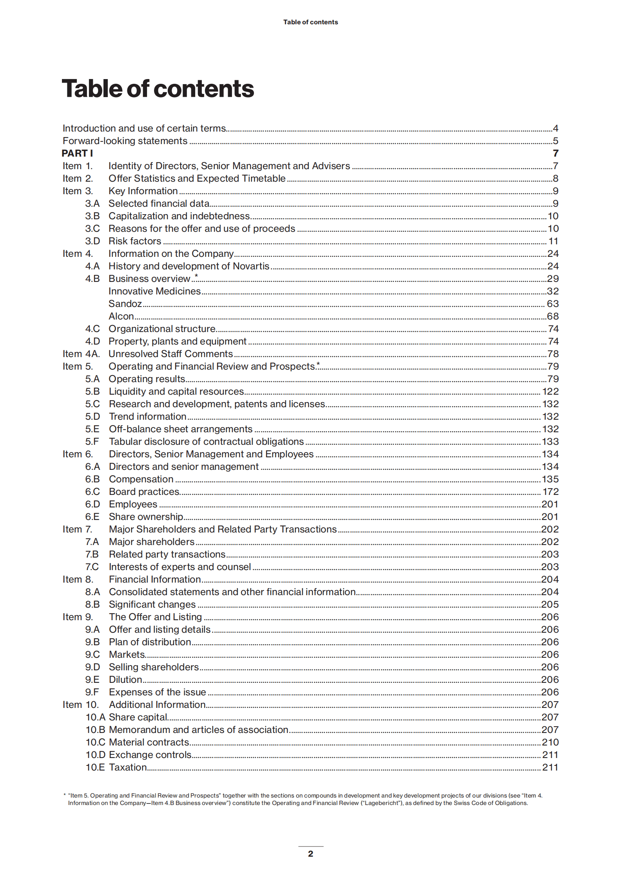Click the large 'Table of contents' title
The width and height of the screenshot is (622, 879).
[158, 88]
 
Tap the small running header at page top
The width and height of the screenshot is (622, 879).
[310, 22]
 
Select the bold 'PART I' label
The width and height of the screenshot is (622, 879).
[77, 153]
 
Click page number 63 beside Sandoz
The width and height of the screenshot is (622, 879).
[553, 304]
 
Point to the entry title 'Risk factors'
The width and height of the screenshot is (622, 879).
[135, 241]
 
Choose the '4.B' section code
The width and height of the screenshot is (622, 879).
[92, 279]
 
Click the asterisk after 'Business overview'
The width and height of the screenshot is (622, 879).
[196, 276]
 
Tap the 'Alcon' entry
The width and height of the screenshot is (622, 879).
[121, 316]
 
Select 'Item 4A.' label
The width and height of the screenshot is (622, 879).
[81, 354]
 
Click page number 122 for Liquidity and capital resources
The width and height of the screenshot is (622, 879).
[550, 392]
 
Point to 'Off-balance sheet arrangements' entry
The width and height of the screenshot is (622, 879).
[180, 429]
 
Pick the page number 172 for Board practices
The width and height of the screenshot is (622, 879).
[550, 492]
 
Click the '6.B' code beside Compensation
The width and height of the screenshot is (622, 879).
[92, 479]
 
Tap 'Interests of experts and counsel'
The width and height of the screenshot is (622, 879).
[180, 567]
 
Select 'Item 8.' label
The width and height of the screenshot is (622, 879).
[78, 579]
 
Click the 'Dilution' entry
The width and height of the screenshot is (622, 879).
[125, 680]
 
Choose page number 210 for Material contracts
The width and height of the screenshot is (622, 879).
[550, 742]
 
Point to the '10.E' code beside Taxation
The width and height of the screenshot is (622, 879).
[95, 767]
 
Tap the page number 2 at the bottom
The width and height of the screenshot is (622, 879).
[310, 854]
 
